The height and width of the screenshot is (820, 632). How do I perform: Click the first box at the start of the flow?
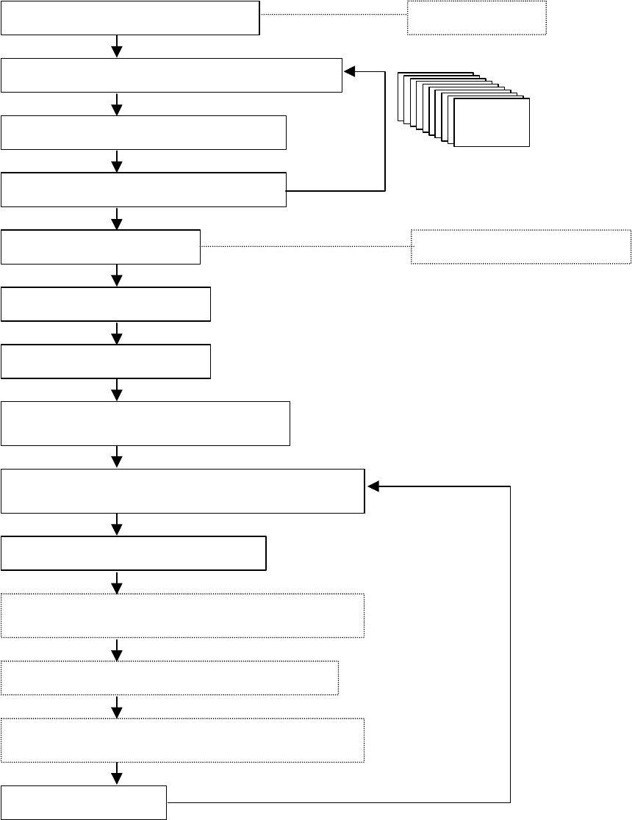pos(130,18)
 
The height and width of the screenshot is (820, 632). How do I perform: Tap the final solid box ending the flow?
pos(84,802)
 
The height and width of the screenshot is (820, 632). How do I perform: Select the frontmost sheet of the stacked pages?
pos(492,122)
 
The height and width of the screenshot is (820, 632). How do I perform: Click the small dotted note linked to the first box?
pos(477,17)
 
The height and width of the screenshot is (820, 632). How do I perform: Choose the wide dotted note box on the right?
pos(521,246)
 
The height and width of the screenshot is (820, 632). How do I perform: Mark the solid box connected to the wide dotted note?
pos(101,246)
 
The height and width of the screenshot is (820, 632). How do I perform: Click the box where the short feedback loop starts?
pos(143,190)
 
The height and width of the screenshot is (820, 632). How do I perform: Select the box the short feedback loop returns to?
pos(171,74)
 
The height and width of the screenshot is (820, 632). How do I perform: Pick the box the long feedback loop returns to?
pos(182,490)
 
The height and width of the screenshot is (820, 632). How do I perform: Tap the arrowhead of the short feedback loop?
pos(350,71)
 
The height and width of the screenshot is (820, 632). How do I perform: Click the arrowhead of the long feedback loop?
pos(373,486)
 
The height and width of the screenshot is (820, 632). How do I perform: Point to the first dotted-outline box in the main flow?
pos(182,615)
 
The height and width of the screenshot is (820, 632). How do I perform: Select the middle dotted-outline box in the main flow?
pos(169,677)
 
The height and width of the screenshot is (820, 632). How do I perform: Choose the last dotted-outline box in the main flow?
pos(182,740)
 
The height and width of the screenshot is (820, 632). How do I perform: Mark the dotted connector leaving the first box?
pos(334,14)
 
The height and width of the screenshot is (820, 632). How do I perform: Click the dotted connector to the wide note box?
pos(305,245)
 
